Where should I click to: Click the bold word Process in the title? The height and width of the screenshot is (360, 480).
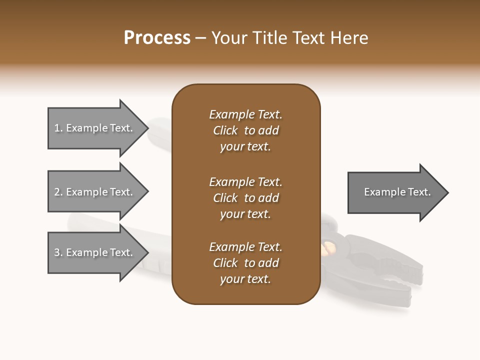coord(157,38)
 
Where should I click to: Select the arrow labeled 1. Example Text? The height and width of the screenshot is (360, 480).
coord(95,128)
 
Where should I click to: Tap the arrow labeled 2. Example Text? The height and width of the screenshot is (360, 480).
coord(95,192)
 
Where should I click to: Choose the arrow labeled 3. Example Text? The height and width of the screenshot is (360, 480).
coord(95,252)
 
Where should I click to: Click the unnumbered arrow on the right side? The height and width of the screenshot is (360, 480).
coord(395,192)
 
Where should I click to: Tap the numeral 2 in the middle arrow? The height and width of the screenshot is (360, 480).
coord(57,192)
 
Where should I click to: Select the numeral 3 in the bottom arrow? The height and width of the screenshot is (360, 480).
coord(57,252)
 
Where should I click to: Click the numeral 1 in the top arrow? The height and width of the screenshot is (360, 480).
coord(57,128)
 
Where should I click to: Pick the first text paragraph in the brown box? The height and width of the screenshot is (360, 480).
coord(245,130)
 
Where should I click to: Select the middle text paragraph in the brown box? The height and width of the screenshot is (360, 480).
coord(245,198)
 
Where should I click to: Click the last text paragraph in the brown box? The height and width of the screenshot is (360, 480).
coord(245,263)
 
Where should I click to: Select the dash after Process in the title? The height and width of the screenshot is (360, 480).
coord(200,38)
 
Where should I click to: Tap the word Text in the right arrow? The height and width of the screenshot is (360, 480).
coord(419,192)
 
